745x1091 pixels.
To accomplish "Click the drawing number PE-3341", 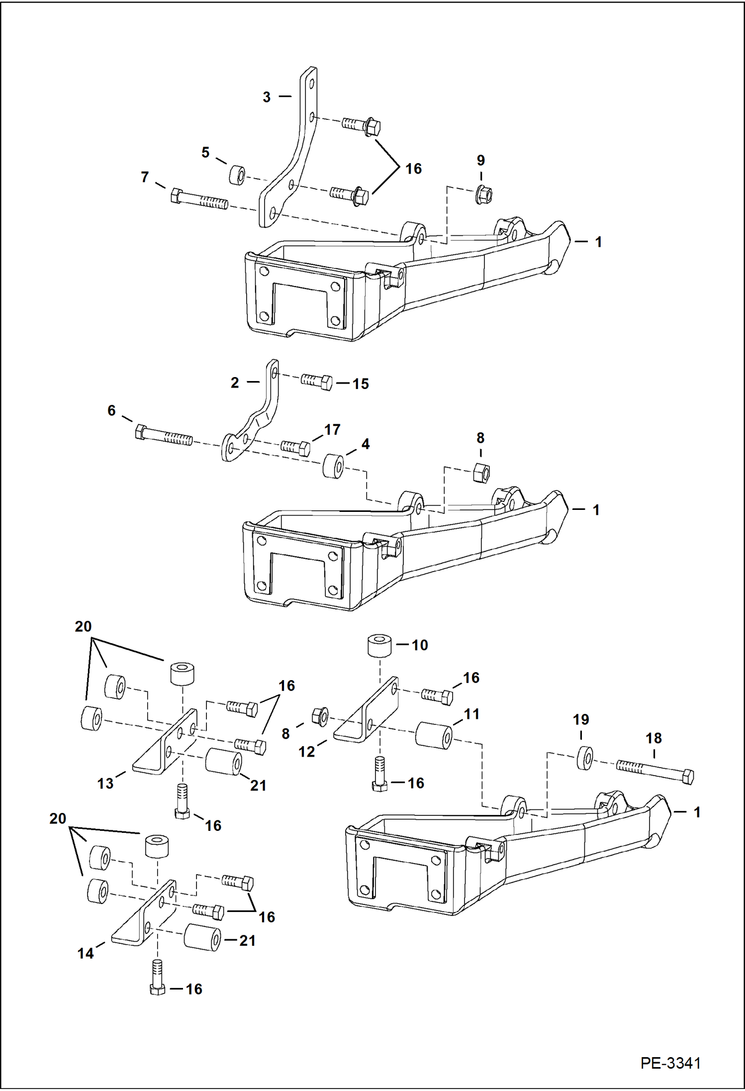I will tap(670, 1063).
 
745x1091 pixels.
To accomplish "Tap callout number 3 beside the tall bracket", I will tap(267, 97).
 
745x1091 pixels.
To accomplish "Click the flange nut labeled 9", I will tap(483, 194).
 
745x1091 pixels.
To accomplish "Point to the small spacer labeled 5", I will tap(237, 175).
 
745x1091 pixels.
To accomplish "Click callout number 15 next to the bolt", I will tap(361, 384).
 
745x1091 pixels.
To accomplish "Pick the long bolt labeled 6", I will tap(164, 435).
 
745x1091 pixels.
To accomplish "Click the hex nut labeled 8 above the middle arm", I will tap(480, 472).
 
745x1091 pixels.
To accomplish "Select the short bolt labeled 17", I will tap(296, 447).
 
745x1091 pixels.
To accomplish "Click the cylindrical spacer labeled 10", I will tap(379, 645).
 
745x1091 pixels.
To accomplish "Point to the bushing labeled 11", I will tap(434, 735).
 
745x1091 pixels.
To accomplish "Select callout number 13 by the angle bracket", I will tap(105, 784).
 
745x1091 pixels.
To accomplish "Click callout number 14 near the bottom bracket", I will tap(85, 953).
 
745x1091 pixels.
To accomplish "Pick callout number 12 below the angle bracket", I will tap(306, 751).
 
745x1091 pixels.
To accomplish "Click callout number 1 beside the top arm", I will tap(598, 242).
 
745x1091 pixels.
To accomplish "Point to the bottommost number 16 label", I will tap(194, 989).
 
